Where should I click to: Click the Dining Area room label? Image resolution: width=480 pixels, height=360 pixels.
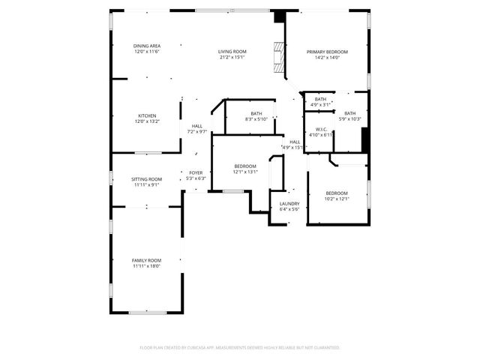[x=147, y=46]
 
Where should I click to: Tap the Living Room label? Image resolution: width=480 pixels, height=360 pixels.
[x=232, y=52]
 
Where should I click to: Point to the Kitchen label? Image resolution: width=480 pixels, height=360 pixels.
[x=147, y=115]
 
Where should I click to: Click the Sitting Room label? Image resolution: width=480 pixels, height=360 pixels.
[x=147, y=179]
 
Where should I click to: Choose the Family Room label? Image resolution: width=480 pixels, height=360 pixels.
[x=147, y=260]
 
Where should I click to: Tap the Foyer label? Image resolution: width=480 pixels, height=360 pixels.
[x=196, y=172]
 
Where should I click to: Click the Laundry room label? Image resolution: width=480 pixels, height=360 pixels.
[x=289, y=203]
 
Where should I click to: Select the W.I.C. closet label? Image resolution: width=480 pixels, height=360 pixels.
[x=320, y=129]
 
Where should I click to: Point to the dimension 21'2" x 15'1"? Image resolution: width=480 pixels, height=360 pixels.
[x=232, y=57]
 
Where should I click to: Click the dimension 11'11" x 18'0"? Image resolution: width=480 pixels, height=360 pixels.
[x=147, y=265]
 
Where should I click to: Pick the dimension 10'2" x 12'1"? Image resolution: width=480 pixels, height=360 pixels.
[x=337, y=199]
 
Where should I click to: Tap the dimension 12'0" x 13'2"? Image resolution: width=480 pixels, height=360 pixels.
[x=147, y=121]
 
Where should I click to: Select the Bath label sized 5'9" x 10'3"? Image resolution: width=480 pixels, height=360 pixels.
[x=350, y=113]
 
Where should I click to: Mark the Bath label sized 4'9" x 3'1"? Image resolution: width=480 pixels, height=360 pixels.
[x=320, y=99]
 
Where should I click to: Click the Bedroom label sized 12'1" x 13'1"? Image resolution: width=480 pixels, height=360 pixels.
[x=245, y=166]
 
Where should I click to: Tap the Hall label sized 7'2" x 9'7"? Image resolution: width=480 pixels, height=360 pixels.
[x=196, y=126]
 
